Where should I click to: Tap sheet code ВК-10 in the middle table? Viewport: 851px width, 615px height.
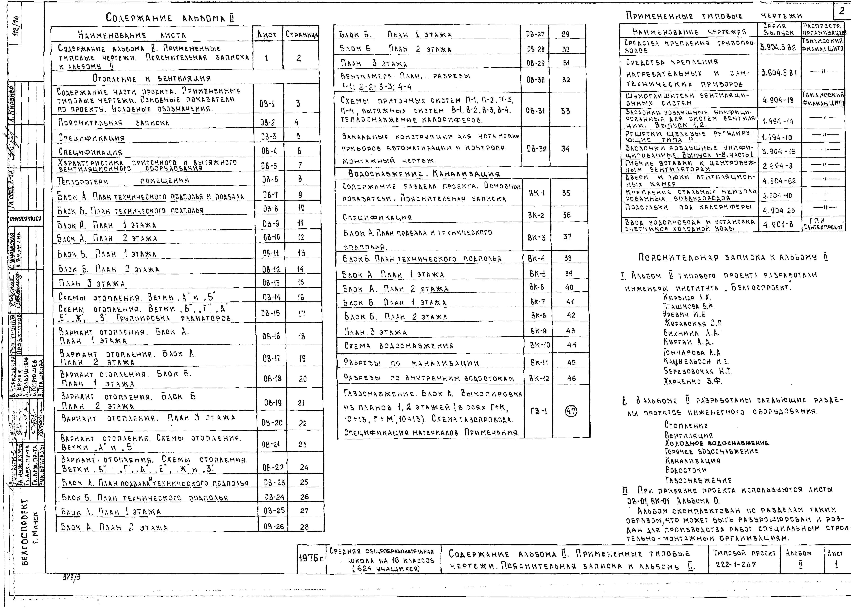click(540, 345)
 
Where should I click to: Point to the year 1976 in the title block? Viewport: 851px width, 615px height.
click(311, 558)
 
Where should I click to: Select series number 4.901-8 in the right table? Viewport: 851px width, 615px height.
click(778, 225)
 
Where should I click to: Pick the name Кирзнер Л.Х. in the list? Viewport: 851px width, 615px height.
click(687, 297)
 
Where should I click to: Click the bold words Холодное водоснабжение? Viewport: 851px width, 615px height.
click(717, 443)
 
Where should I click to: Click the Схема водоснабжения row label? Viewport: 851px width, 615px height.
click(399, 345)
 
